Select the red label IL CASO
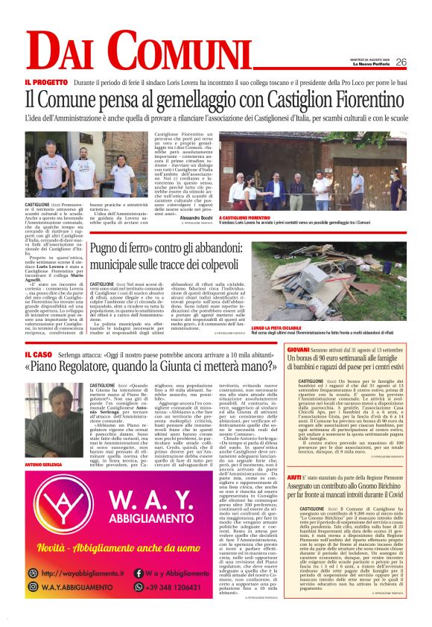(38, 354)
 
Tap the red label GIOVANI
(299, 349)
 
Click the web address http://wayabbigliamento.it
(83, 573)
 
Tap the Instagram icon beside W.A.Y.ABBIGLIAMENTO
(33, 587)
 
